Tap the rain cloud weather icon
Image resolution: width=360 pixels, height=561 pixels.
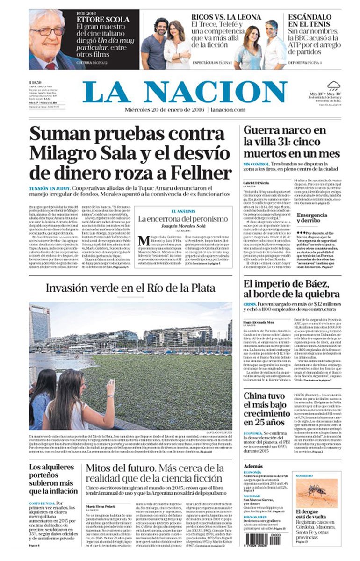(333, 86)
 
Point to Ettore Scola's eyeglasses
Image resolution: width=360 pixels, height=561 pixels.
(49, 31)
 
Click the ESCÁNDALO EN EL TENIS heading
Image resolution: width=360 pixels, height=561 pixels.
(310, 20)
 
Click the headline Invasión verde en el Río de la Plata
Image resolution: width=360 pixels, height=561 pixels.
(130, 288)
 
